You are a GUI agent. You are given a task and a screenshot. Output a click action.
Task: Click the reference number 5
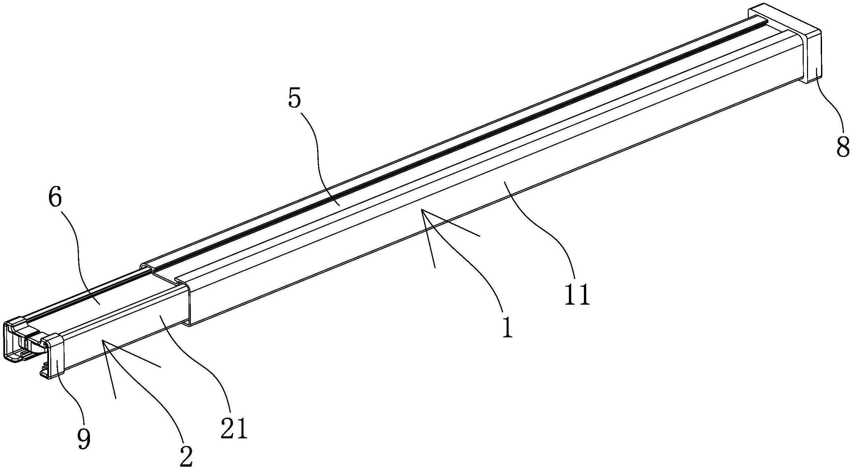(x=294, y=99)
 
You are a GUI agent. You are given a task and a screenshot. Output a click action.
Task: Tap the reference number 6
(x=55, y=199)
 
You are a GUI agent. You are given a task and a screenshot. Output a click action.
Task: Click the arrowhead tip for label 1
(x=422, y=210)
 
